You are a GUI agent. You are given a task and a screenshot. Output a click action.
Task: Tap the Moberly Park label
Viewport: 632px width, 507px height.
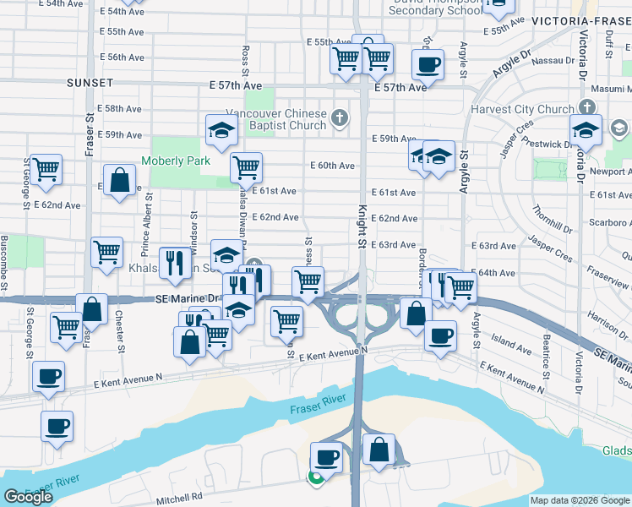pyautogui.click(x=176, y=161)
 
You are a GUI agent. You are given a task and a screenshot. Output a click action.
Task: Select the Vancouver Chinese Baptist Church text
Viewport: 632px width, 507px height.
pyautogui.click(x=276, y=119)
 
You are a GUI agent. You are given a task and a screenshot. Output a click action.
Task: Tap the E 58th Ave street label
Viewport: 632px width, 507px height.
pyautogui.click(x=119, y=109)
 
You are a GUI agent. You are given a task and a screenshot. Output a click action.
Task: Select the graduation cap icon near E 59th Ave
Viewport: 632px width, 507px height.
pyautogui.click(x=221, y=130)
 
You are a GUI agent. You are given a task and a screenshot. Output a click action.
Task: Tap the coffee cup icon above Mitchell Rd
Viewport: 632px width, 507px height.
pyautogui.click(x=326, y=456)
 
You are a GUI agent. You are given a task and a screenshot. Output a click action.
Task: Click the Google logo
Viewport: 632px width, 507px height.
pyautogui.click(x=28, y=497)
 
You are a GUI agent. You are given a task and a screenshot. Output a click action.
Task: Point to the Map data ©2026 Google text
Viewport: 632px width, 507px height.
pyautogui.click(x=580, y=500)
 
